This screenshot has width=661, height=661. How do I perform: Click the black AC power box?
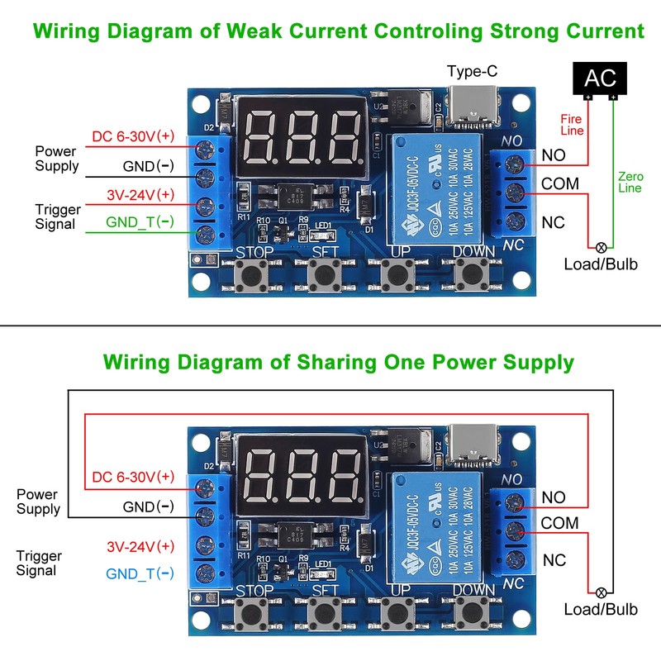[x=601, y=78]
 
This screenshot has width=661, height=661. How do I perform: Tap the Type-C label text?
[x=472, y=71]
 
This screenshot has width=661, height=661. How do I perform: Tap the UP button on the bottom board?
[x=400, y=612]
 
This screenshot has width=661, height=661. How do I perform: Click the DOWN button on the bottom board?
[x=473, y=612]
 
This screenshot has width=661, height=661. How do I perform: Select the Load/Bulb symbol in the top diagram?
[x=601, y=246]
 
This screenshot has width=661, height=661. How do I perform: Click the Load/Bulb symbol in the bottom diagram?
[x=601, y=591]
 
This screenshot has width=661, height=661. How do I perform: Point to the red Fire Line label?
[x=573, y=125]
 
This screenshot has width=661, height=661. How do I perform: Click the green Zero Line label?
[x=630, y=183]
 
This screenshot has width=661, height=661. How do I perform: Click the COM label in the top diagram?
[x=560, y=183]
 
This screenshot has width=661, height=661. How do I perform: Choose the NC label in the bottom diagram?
[x=554, y=561]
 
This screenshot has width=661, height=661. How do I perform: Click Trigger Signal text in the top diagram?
[x=55, y=216]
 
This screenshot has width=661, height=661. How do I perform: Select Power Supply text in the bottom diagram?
[x=38, y=502]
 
